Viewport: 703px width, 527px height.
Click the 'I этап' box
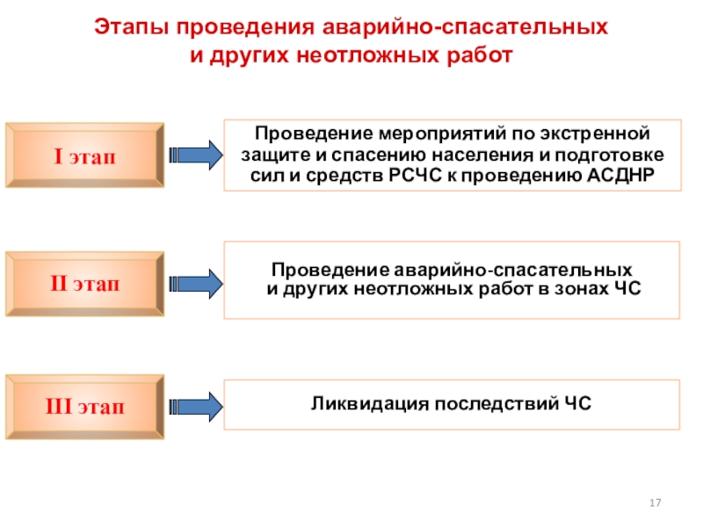coord(84,155)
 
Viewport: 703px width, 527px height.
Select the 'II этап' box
coord(84,284)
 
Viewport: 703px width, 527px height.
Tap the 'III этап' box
coord(84,407)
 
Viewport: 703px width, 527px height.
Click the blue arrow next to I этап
coord(195,155)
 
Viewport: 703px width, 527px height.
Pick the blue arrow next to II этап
coord(195,284)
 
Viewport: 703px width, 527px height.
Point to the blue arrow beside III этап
coord(195,407)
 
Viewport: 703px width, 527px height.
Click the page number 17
coord(655,502)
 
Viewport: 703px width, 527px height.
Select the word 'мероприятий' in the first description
coord(450,134)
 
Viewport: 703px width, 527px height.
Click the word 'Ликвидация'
coord(370,404)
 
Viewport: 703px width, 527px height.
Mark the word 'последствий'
coord(496,404)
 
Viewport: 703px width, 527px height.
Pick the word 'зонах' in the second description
coord(582,289)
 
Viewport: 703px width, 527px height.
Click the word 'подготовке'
coord(610,155)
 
